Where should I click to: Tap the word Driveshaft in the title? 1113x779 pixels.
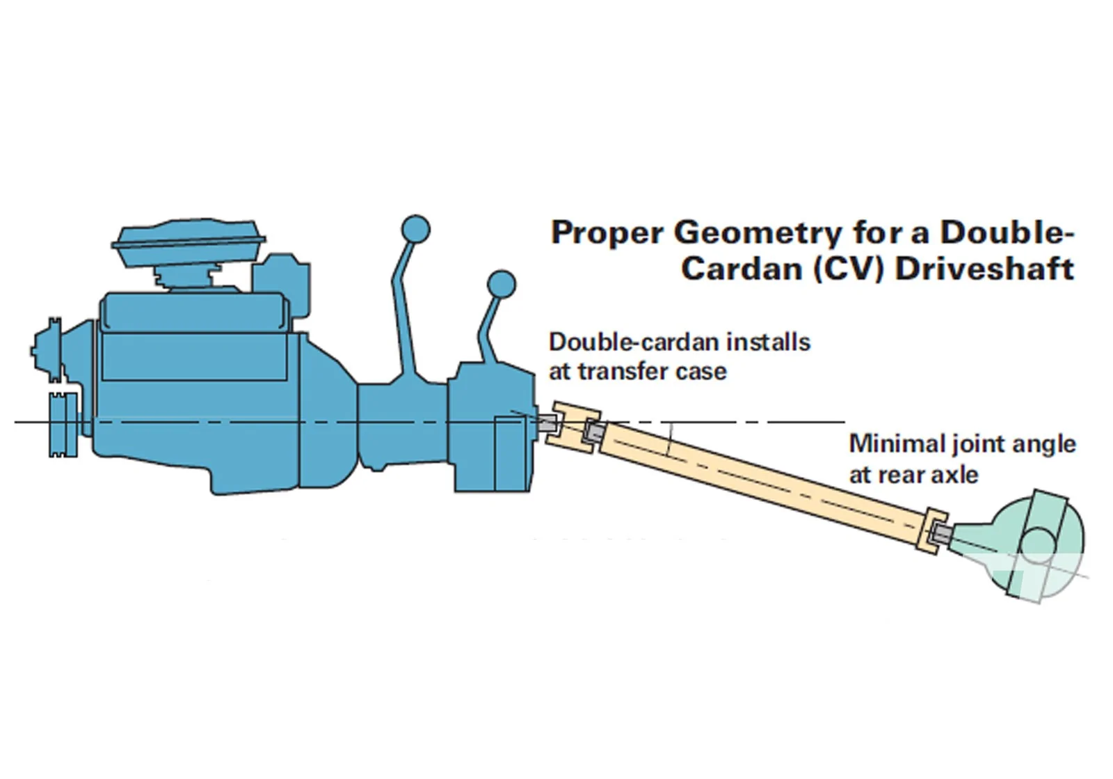coord(985,269)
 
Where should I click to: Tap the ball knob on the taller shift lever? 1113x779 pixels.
coord(415,230)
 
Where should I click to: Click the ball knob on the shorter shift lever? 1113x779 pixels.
coord(502,285)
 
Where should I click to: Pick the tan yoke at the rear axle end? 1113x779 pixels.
coord(931,531)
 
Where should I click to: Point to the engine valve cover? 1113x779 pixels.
coord(194,311)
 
